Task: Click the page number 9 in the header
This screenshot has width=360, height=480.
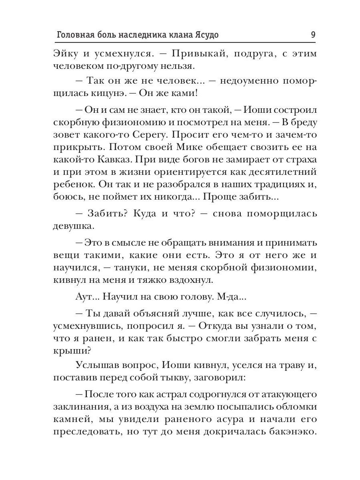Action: point(313,34)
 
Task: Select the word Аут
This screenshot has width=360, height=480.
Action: point(82,297)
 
